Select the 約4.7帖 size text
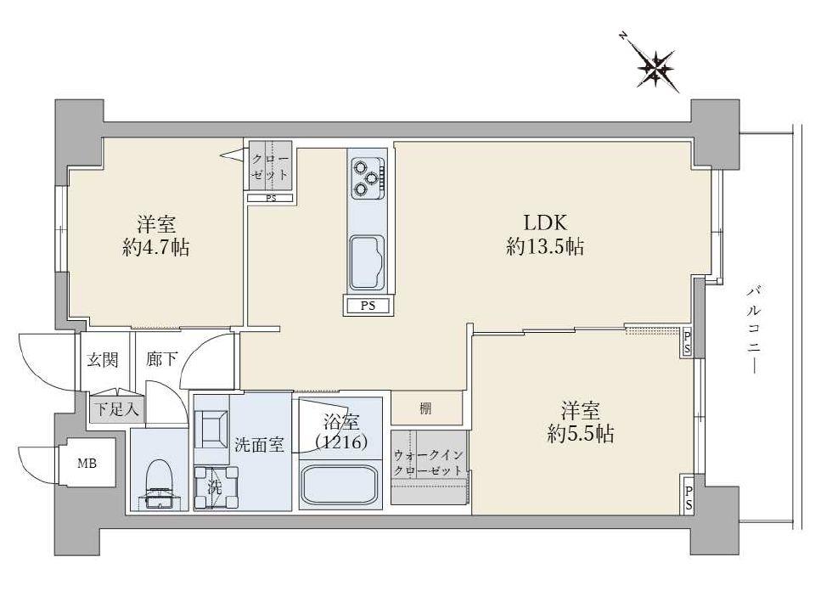[x=155, y=248]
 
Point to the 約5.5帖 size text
[x=581, y=435]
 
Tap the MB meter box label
[x=87, y=464]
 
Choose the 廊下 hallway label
[x=161, y=359]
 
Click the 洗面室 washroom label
[x=259, y=442]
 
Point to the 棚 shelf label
[x=425, y=408]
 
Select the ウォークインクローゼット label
[x=429, y=462]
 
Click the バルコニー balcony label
[x=753, y=329]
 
